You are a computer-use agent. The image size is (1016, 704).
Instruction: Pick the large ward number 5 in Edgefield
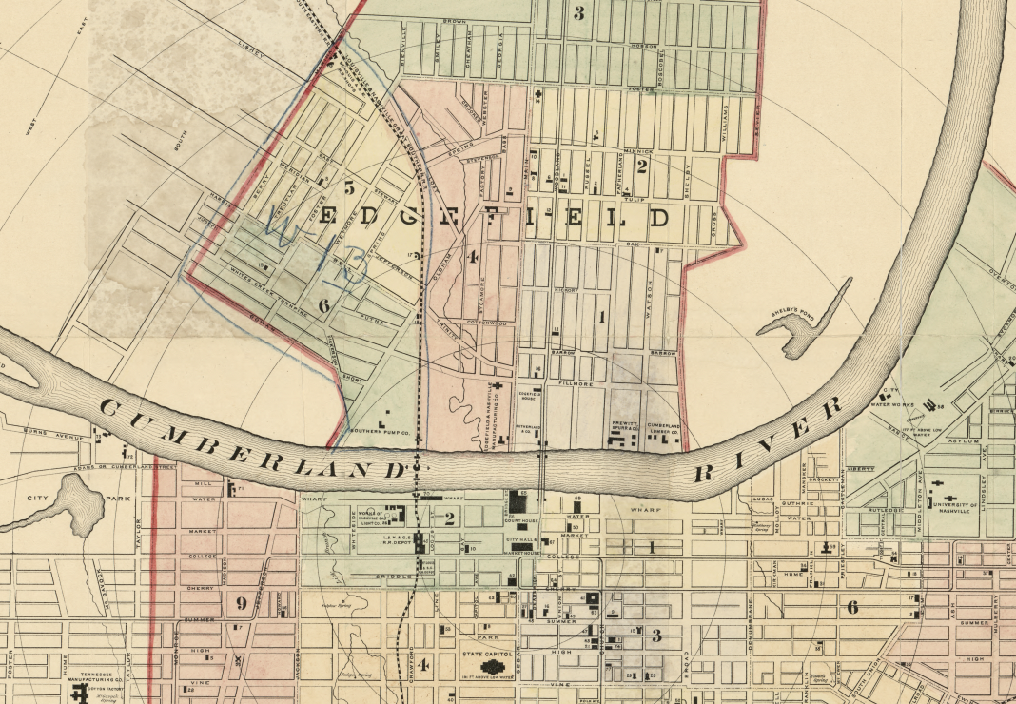[349, 186]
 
